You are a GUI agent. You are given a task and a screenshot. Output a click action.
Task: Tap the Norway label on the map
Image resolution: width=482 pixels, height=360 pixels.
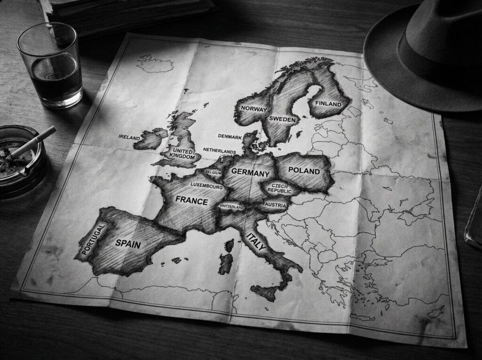[x=254, y=109]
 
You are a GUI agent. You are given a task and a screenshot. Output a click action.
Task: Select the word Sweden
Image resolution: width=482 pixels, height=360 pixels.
[x=282, y=120]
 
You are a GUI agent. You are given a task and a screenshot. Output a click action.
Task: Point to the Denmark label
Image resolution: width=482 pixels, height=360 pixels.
[x=230, y=136]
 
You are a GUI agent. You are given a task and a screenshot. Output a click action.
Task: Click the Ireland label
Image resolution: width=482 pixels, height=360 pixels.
[x=129, y=137]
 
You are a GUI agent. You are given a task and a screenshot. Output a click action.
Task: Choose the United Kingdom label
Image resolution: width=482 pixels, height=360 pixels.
[x=184, y=154]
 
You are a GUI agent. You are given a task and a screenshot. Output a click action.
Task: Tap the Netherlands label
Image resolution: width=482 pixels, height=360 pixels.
[x=219, y=151]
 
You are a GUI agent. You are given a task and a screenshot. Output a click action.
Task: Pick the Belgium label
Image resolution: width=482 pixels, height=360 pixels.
[x=213, y=173]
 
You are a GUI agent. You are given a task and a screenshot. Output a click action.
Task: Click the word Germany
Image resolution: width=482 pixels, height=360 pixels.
[x=250, y=173]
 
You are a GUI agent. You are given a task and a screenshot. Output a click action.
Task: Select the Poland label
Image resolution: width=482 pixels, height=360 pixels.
[x=304, y=171]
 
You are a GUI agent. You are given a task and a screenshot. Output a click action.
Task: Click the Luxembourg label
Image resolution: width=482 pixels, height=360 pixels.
[x=207, y=186]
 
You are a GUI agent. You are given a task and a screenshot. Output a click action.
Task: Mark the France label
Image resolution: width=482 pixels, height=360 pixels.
[x=192, y=201]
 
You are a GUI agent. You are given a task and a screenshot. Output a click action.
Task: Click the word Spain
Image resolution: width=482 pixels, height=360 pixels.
[x=128, y=243]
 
